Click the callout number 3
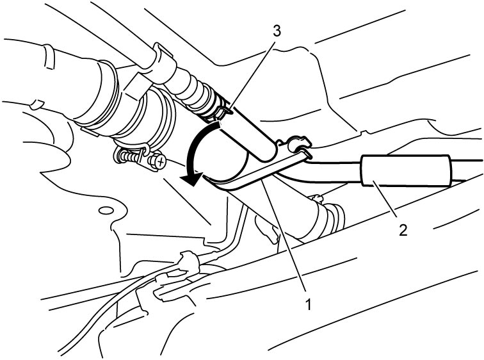click(x=277, y=31)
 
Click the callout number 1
click(x=308, y=304)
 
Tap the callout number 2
click(x=403, y=230)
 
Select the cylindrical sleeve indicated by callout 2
click(x=407, y=170)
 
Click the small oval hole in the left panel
click(x=106, y=211)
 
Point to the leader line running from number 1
click(x=284, y=236)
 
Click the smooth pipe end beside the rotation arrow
click(x=247, y=136)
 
